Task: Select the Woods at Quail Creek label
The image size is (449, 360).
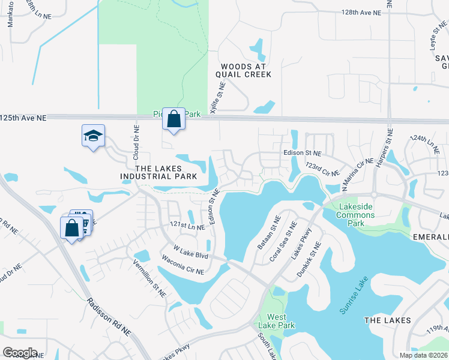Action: tap(246, 70)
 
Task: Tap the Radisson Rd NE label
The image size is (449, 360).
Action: tap(108, 316)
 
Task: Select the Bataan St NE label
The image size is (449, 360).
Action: tap(267, 234)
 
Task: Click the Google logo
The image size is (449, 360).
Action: tap(20, 353)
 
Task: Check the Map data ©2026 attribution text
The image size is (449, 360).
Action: tap(423, 355)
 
